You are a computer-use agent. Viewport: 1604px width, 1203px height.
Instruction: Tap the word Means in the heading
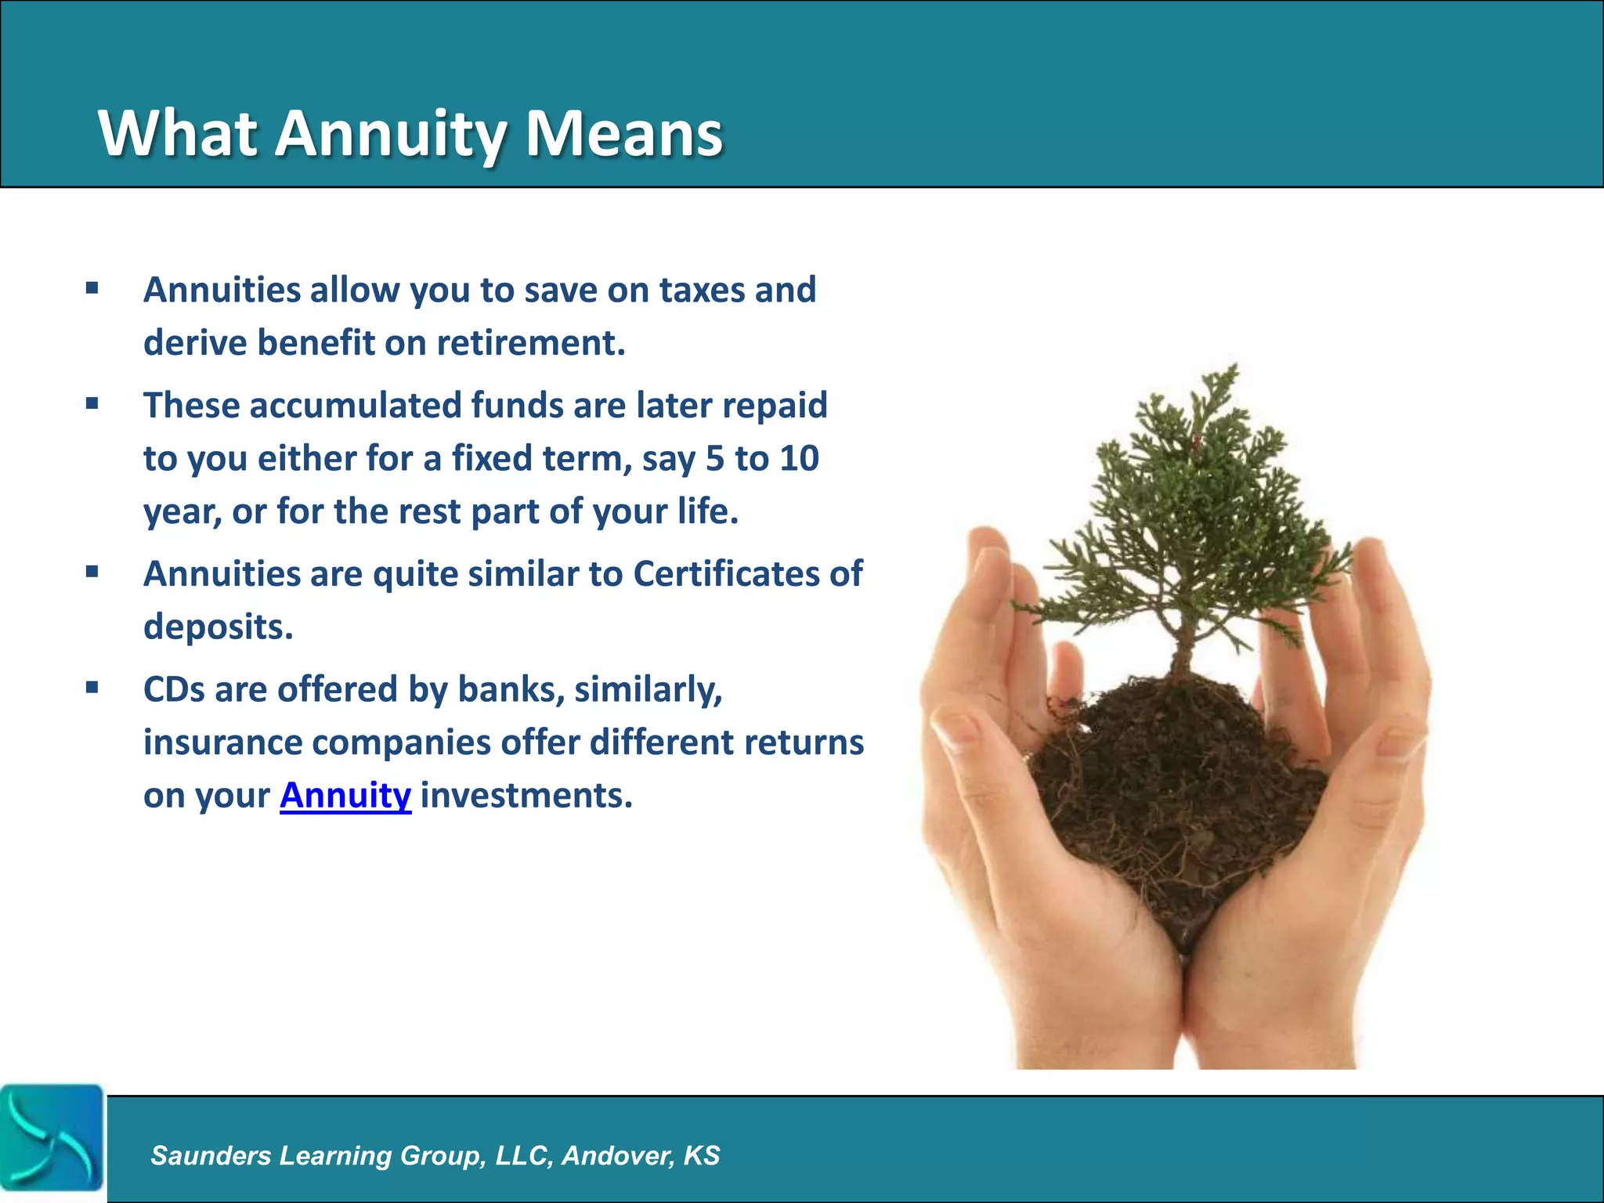tap(623, 133)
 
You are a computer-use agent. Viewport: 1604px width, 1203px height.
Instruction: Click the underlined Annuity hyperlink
tap(345, 796)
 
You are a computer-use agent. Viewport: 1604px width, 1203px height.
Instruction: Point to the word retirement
tap(530, 343)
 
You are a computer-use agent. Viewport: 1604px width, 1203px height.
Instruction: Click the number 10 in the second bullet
tap(799, 458)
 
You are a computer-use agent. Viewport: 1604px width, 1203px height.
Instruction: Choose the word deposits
tap(218, 627)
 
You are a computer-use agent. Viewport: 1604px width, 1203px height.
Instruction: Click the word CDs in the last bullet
tap(174, 690)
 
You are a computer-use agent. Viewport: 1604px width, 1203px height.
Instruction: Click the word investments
tap(526, 796)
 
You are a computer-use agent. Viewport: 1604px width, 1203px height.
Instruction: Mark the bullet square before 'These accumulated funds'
tap(92, 405)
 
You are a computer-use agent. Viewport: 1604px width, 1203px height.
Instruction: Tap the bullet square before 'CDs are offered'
tap(92, 688)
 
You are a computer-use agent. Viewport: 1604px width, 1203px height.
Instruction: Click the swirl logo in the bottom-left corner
tap(52, 1138)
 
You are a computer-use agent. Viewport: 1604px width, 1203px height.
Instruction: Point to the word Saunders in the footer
tap(211, 1155)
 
